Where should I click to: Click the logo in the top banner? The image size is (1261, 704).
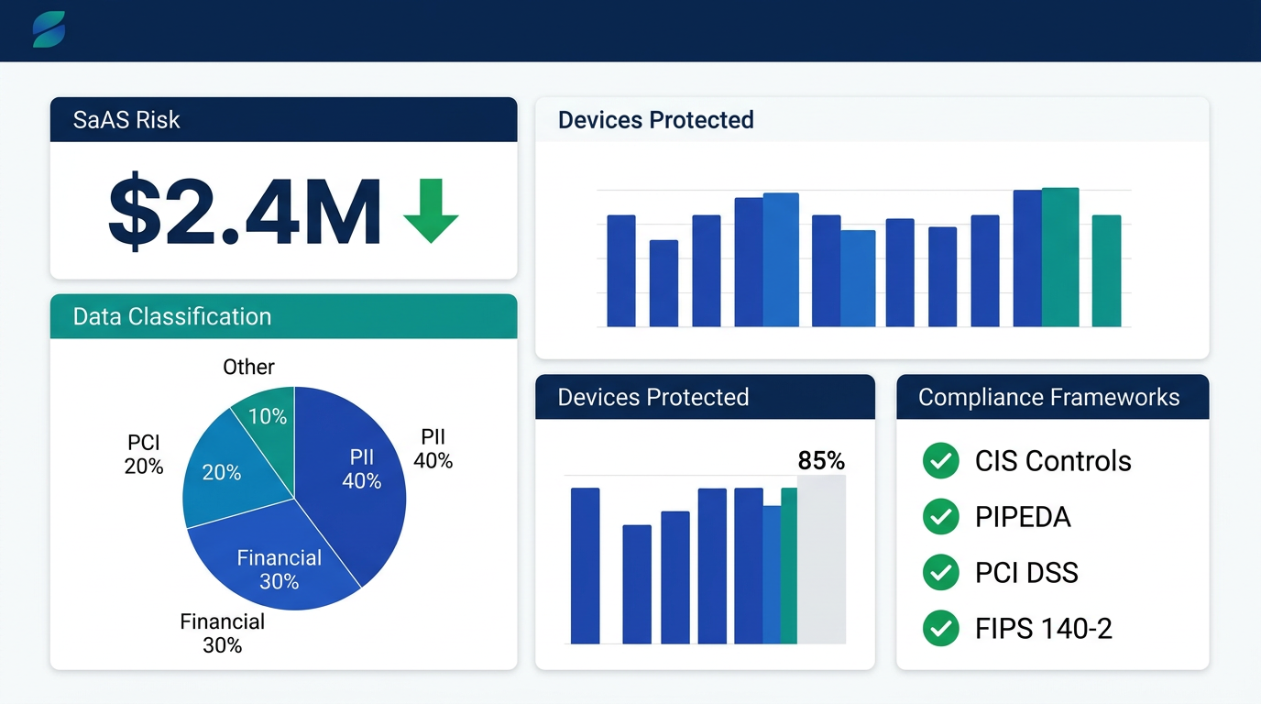49,30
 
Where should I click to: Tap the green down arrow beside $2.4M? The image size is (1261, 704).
431,211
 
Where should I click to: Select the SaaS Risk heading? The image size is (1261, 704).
126,120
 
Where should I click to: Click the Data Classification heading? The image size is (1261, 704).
172,317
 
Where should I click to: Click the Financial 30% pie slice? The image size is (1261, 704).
275,564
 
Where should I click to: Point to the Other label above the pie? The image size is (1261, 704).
248,368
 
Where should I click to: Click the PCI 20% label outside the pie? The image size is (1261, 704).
144,456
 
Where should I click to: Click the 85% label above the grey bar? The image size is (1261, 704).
821,460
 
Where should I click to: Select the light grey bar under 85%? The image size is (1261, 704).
821,559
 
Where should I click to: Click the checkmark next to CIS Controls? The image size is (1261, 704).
940,461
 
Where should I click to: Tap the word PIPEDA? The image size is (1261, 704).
1023,517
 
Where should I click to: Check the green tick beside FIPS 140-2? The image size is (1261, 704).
940,629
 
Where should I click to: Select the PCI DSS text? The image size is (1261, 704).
1026,573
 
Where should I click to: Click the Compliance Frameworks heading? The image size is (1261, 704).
1048,398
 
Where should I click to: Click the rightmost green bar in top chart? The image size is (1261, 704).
1106,270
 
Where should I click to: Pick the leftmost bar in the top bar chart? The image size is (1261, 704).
621,270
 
